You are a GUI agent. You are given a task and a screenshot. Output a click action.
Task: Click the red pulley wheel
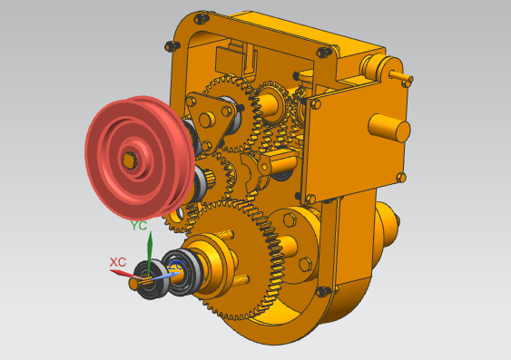click(x=139, y=158)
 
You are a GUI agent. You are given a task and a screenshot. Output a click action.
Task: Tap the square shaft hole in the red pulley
click(x=129, y=161)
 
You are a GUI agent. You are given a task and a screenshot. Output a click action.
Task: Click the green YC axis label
click(x=139, y=225)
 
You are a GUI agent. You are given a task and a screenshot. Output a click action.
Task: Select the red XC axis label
click(x=118, y=262)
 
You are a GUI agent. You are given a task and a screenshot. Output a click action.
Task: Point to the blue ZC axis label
click(x=175, y=266)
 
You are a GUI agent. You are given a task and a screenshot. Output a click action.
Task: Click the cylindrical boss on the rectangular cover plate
click(x=388, y=128)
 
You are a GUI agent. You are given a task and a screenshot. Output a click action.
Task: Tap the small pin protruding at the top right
click(x=401, y=76)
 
